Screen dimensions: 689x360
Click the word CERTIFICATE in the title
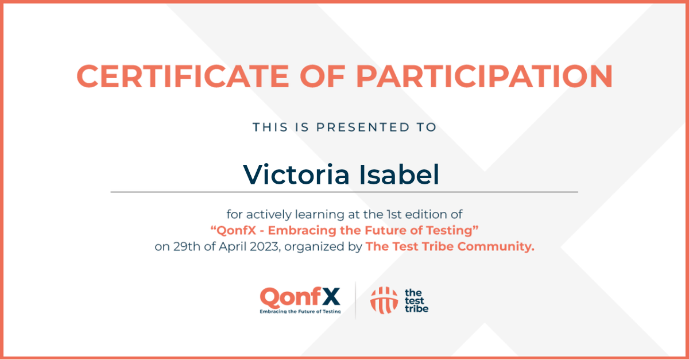183,76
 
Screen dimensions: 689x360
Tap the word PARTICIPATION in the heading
485,76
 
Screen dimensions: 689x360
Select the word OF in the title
322,76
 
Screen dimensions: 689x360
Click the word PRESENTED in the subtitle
363,127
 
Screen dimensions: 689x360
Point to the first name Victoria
296,175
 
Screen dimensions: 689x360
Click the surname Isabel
399,175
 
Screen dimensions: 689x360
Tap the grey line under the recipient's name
344,192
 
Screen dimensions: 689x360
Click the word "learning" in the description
320,215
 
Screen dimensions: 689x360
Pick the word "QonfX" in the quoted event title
236,230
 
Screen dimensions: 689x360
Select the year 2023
264,247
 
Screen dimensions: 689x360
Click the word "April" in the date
232,247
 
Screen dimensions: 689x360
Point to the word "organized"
314,247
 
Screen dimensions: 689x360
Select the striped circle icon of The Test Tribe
384,300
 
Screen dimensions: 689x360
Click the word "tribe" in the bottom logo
416,309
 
